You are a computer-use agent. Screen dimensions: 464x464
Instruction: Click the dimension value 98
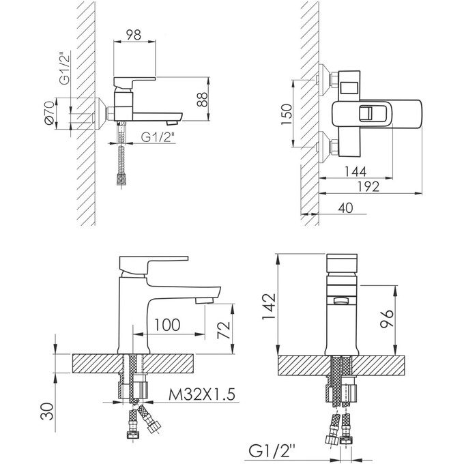click(x=134, y=35)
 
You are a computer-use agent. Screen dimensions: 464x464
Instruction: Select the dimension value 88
click(x=203, y=99)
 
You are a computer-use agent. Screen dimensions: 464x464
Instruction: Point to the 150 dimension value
click(x=287, y=114)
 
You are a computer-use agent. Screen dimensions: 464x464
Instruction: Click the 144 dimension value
click(x=356, y=172)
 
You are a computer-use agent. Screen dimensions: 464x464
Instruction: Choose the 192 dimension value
click(x=368, y=187)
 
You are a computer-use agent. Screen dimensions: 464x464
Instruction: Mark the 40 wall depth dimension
click(x=345, y=207)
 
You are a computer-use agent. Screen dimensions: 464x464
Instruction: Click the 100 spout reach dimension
click(x=167, y=325)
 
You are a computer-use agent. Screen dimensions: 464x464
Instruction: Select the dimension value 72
click(x=224, y=330)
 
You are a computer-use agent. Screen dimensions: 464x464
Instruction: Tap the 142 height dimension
click(x=269, y=306)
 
